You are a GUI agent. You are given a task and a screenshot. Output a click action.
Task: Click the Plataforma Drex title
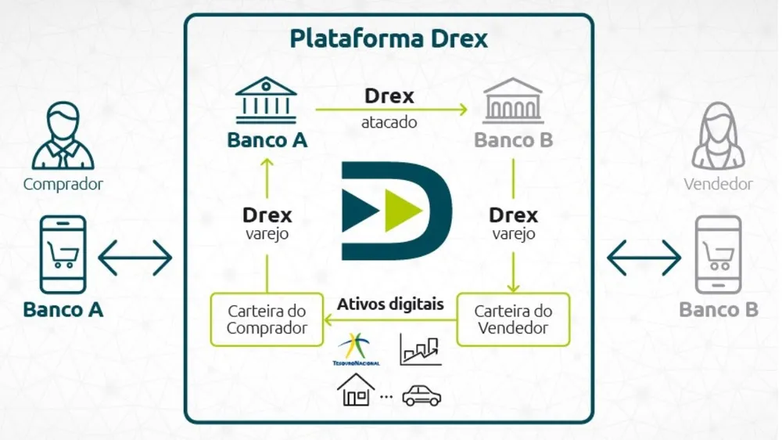(389, 38)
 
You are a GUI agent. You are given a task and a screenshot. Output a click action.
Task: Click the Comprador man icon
(63, 139)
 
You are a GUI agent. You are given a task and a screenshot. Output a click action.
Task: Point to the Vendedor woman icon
(718, 138)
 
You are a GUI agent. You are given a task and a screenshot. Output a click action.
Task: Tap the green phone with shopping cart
(63, 254)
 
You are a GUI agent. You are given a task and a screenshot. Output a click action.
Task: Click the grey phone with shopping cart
(718, 254)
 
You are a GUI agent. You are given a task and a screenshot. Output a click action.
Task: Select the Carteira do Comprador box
(267, 319)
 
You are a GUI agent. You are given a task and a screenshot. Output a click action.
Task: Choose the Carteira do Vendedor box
(513, 319)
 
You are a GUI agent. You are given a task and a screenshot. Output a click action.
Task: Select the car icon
(421, 395)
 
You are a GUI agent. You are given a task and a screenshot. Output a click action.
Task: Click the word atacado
(389, 123)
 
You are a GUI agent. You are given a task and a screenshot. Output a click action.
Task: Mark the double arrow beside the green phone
(135, 258)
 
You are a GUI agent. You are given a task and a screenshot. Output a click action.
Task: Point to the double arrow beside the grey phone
(644, 258)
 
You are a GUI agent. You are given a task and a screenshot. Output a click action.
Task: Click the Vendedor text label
(718, 185)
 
